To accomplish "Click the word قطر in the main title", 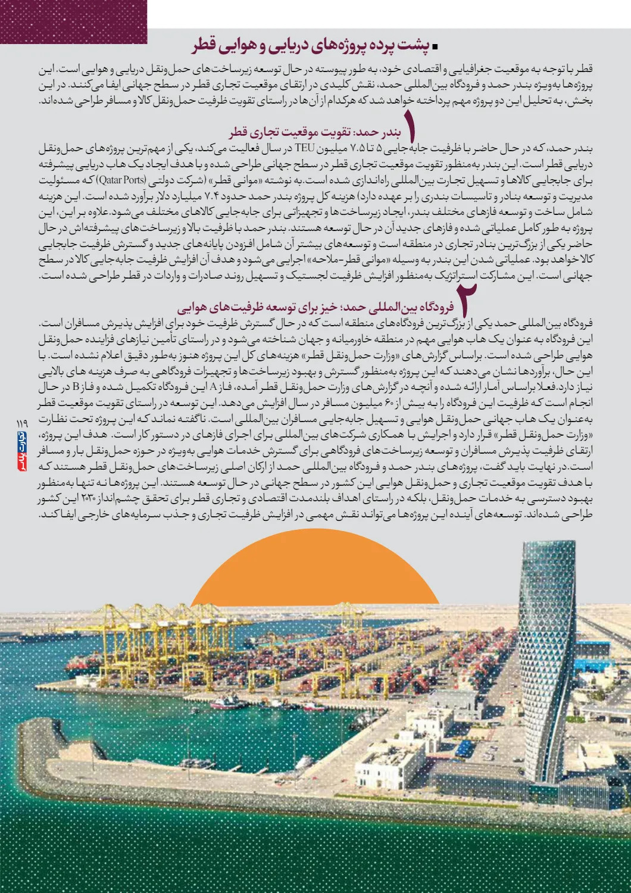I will (x=204, y=46).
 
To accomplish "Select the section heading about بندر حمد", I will (x=315, y=132).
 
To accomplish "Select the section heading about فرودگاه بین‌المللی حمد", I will (x=315, y=307).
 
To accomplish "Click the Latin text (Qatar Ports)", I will (x=121, y=180).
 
